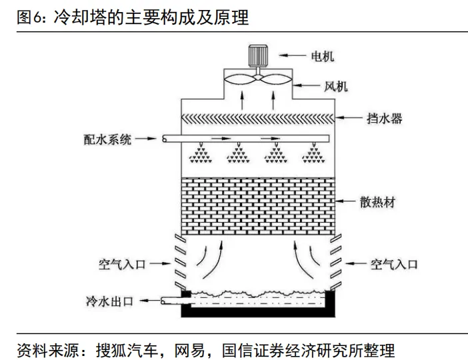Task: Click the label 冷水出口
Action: coord(110,301)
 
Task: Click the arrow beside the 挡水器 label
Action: coord(351,119)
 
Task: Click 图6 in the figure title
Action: coord(29,17)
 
